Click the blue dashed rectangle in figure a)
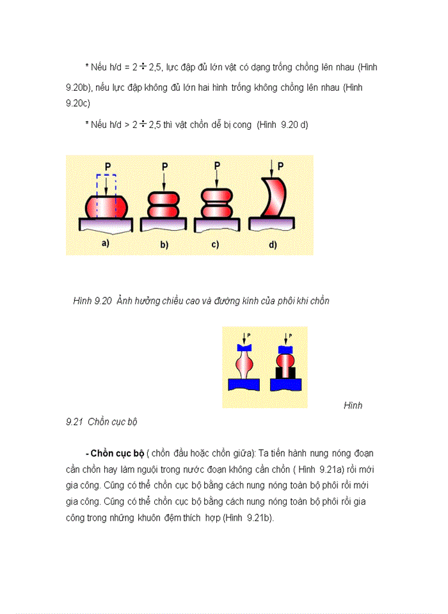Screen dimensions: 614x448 point(106,185)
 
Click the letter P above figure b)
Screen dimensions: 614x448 point(164,166)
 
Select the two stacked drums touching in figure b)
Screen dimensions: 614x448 point(164,205)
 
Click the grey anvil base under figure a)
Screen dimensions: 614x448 point(106,224)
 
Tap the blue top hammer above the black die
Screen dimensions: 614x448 point(285,349)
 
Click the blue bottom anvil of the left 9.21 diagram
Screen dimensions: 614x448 point(244,384)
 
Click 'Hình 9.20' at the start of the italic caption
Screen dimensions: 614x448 point(93,301)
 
